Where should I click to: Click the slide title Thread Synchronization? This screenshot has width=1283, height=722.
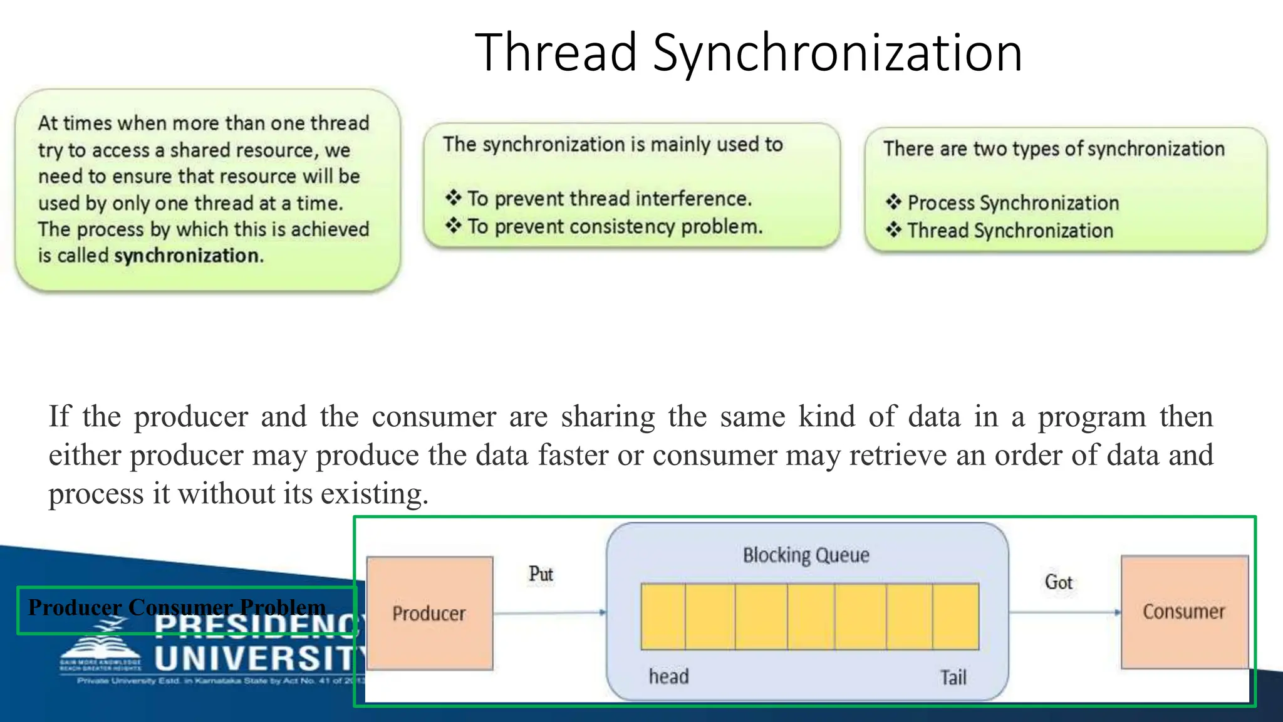(748, 53)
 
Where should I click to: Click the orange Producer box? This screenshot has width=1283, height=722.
(430, 613)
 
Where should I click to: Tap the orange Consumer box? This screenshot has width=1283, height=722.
(1183, 612)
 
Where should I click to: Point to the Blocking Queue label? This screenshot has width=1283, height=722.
(806, 555)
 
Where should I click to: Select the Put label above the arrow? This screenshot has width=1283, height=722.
(541, 573)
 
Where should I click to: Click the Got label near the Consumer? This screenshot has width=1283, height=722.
(1058, 582)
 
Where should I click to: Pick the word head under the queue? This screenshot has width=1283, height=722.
(668, 676)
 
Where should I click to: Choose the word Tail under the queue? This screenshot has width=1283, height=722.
(953, 678)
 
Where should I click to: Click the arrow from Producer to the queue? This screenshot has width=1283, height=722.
(549, 612)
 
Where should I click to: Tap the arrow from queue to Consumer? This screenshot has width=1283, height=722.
(1064, 612)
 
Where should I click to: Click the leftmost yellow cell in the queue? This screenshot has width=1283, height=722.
(663, 616)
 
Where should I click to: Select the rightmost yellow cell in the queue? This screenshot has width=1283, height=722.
(955, 616)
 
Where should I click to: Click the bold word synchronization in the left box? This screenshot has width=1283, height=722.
(187, 256)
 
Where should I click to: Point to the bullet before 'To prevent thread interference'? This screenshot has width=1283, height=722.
(454, 198)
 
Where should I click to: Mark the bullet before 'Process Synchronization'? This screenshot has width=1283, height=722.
(893, 202)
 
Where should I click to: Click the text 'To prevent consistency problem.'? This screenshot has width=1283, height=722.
(615, 226)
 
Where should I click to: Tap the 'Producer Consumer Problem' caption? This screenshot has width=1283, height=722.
(177, 607)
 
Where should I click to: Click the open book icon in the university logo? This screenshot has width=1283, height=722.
(100, 647)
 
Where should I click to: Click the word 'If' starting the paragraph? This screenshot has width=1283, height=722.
(60, 416)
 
